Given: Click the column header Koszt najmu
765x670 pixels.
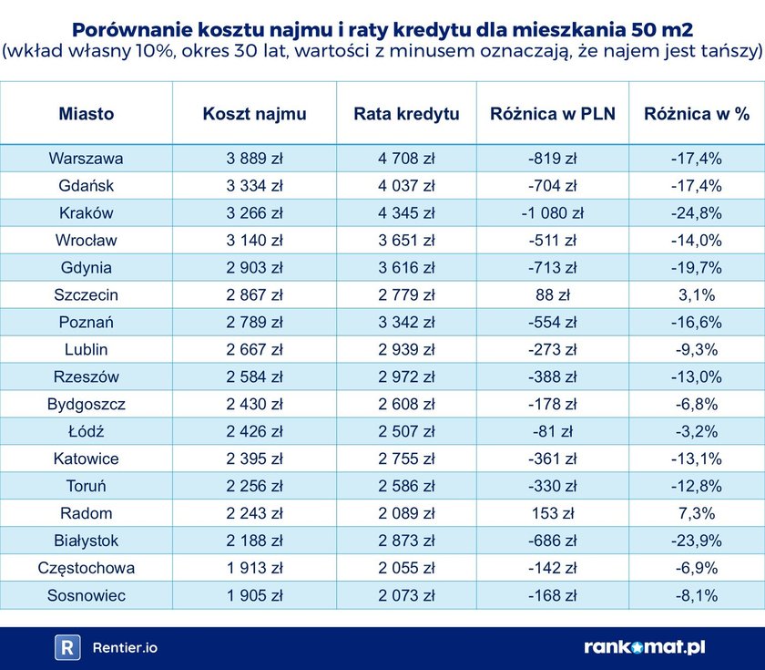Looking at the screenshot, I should [254, 114].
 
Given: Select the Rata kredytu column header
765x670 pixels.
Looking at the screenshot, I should [406, 114].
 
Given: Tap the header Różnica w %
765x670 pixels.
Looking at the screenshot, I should [697, 114].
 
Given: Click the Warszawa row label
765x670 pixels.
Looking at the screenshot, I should [87, 159].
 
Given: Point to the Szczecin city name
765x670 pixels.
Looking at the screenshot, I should [87, 295].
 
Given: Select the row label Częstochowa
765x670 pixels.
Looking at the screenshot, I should [87, 569].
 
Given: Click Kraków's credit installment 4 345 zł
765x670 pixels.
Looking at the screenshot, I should [406, 213].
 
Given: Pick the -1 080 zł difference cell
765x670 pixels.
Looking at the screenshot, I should [552, 213].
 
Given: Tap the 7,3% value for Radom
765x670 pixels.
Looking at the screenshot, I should [697, 514].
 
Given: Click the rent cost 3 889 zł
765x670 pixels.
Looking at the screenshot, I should [254, 159].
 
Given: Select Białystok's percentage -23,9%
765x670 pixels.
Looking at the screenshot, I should [697, 541].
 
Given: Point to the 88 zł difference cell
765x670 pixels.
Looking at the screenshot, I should [552, 295].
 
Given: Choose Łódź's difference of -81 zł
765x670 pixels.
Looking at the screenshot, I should [552, 432].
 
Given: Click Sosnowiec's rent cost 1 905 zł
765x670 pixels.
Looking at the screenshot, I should [254, 596].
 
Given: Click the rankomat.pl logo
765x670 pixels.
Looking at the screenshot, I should [644, 647].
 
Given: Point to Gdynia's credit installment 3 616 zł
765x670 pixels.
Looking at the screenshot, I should [406, 268].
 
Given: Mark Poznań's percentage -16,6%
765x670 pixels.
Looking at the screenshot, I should [697, 323].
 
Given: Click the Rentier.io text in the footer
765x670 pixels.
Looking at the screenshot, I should [124, 648].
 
